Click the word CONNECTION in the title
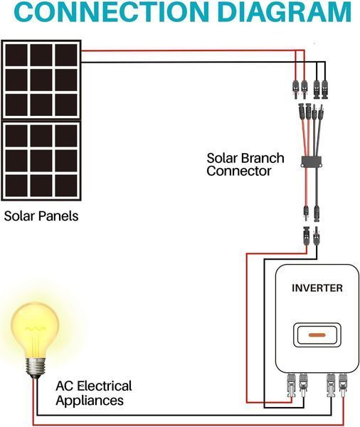pos(112,11)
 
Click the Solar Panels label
pos(41,216)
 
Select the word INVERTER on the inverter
pos(317,288)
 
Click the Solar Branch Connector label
pos(245,164)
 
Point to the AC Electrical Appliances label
pos(94,394)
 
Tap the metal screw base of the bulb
pos(35,368)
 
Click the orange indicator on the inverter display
pos(317,335)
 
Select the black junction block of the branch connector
pos(312,162)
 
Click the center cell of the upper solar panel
pos(41,80)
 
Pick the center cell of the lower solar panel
pos(41,161)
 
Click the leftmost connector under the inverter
pos(292,385)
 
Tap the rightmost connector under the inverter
pos(343,385)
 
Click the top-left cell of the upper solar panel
pos(16,56)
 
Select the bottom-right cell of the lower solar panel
pos(66,186)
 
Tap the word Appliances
pos(90,401)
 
